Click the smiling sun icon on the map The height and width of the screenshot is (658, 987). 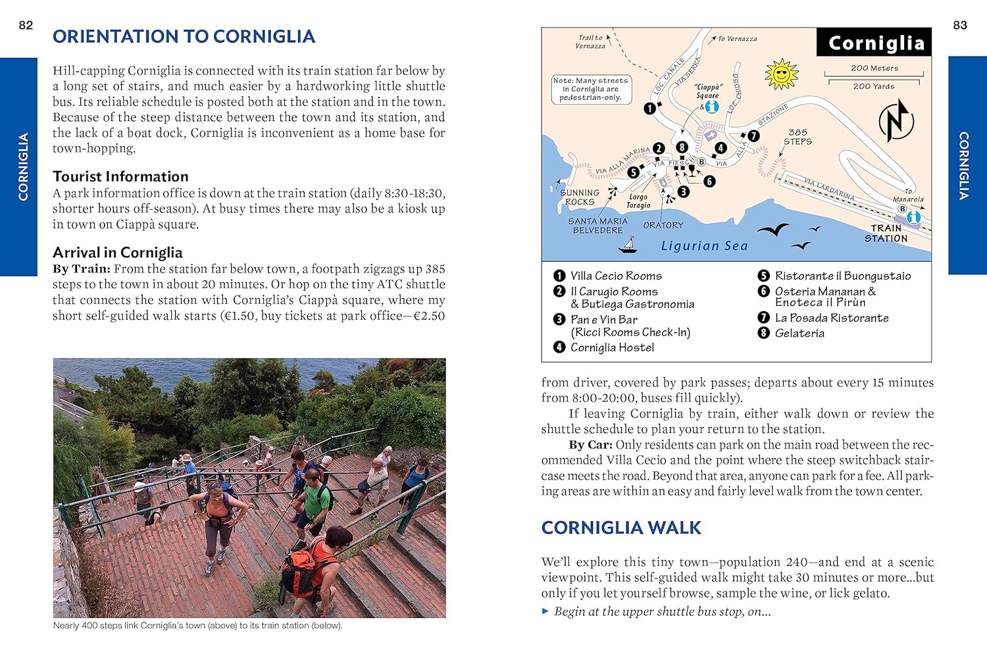[x=781, y=74]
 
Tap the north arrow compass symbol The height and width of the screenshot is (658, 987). [x=896, y=120]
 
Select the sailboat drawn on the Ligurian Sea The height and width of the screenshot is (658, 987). [x=629, y=245]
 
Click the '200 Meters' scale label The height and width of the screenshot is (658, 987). [x=874, y=68]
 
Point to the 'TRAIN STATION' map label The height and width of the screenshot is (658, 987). [x=886, y=234]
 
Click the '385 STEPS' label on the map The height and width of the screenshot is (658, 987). [x=797, y=137]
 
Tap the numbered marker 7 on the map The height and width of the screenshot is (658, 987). [x=753, y=136]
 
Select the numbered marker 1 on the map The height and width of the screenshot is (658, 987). [x=650, y=109]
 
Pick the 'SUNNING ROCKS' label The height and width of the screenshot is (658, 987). [x=580, y=197]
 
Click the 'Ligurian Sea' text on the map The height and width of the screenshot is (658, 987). [x=704, y=246]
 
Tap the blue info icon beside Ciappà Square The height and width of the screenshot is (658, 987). [x=711, y=107]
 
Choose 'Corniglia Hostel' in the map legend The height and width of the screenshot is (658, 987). [x=612, y=347]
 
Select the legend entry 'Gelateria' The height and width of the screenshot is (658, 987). [x=799, y=333]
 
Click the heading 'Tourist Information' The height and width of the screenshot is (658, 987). [x=120, y=176]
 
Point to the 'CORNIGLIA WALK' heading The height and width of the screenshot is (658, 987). [x=621, y=528]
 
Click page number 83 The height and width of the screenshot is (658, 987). [x=960, y=26]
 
